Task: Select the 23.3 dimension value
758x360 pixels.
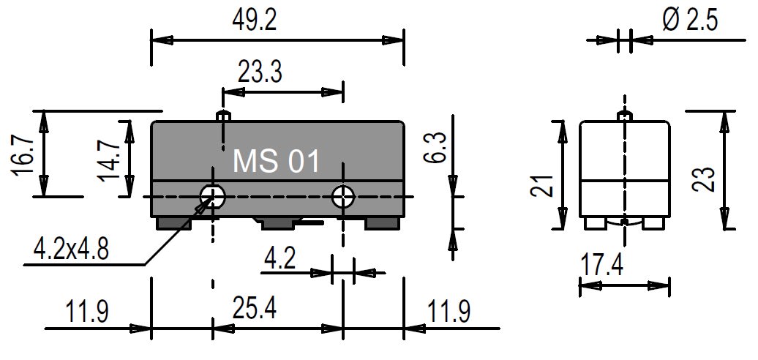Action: pos(261,72)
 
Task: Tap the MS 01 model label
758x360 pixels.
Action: pos(277,161)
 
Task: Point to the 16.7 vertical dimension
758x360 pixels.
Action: pos(23,155)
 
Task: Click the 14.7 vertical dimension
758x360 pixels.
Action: pos(110,160)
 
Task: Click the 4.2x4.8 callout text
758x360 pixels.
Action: pos(71,250)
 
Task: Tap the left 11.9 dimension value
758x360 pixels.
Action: pos(88,312)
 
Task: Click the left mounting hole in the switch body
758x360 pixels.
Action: pos(212,196)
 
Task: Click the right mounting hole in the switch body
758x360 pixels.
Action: pos(343,196)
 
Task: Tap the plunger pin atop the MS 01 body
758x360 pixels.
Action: pos(224,116)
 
